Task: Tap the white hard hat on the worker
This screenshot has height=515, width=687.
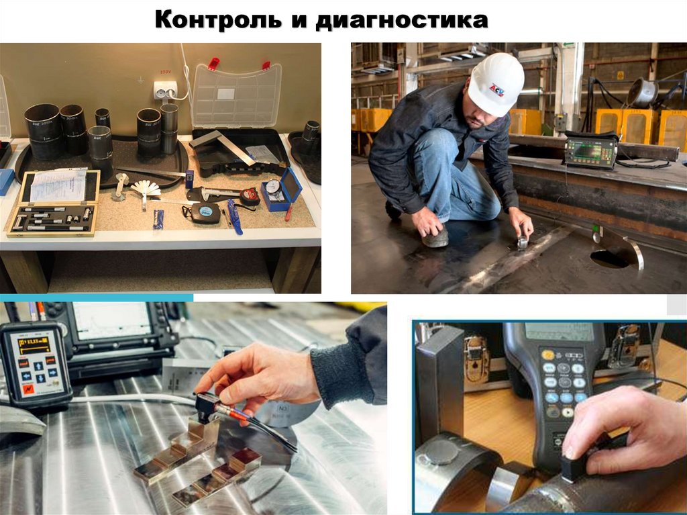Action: click(x=495, y=84)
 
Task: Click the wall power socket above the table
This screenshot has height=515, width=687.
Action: click(x=165, y=91)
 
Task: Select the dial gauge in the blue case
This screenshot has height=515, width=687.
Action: click(x=274, y=189)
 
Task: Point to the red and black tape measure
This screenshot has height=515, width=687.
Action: click(x=250, y=196)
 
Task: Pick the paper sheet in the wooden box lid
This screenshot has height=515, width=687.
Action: click(x=58, y=186)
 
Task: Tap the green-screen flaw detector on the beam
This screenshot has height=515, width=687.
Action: click(x=590, y=151)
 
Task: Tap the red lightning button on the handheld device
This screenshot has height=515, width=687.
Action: click(x=28, y=389)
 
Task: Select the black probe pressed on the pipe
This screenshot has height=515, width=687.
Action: click(x=575, y=465)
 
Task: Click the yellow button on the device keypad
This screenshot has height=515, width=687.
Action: click(x=548, y=355)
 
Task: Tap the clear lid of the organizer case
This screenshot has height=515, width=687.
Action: click(x=237, y=96)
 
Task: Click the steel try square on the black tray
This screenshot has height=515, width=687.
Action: click(x=223, y=147)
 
